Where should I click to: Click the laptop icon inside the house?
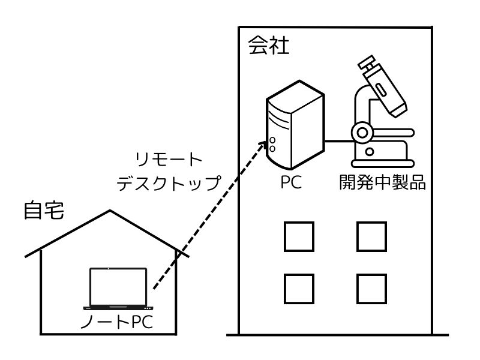tap(118, 288)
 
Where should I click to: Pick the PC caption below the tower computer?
tap(294, 182)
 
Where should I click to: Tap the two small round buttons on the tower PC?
tap(272, 143)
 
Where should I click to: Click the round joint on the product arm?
tap(362, 131)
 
